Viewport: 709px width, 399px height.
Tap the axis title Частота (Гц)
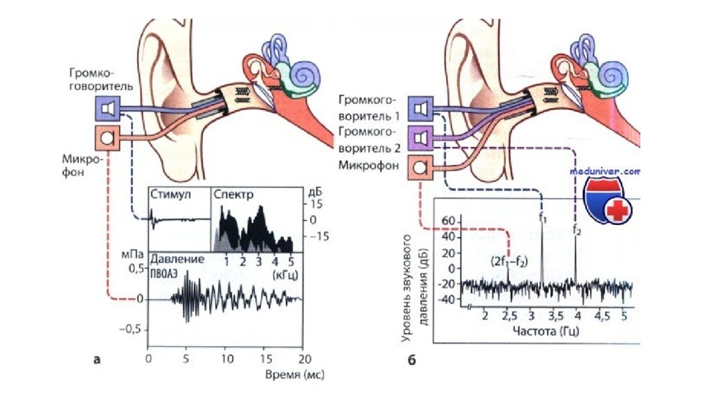[x=546, y=331]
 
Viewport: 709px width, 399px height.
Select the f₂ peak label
[x=577, y=229]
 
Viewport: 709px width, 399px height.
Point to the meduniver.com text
[x=606, y=170]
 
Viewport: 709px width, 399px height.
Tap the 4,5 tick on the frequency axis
[x=602, y=316]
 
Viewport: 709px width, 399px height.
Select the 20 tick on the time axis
[x=303, y=359]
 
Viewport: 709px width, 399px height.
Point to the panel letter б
[x=411, y=359]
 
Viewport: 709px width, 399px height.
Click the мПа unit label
[x=131, y=255]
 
